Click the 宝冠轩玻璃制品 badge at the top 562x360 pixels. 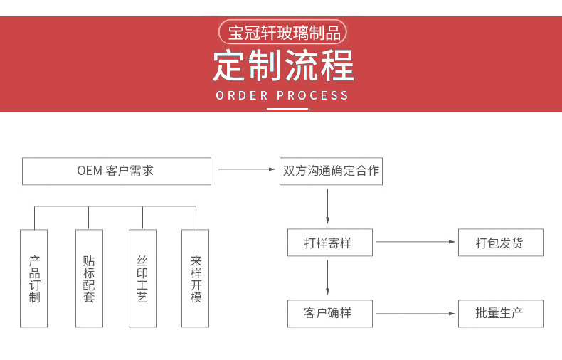[x=283, y=33]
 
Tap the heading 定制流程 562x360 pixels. [x=283, y=66]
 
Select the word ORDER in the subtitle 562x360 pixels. [x=242, y=95]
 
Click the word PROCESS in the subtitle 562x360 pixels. [x=313, y=95]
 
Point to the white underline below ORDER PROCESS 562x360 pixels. [x=287, y=109]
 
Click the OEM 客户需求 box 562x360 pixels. [x=116, y=171]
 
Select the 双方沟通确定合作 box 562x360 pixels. [x=331, y=171]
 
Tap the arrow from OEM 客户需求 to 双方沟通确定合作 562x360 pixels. [x=246, y=169]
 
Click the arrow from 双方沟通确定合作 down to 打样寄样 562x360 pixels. [x=328, y=206]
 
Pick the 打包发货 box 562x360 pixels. [x=500, y=243]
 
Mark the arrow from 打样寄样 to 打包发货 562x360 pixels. [x=415, y=242]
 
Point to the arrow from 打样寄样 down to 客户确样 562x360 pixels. [x=328, y=277]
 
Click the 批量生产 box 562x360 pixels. [x=500, y=313]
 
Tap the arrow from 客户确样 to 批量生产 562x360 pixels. [x=415, y=313]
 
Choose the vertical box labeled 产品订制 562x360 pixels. [x=34, y=278]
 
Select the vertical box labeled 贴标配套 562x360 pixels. [x=89, y=278]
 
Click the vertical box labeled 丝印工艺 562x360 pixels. [x=142, y=278]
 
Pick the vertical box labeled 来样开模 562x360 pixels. [x=196, y=278]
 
